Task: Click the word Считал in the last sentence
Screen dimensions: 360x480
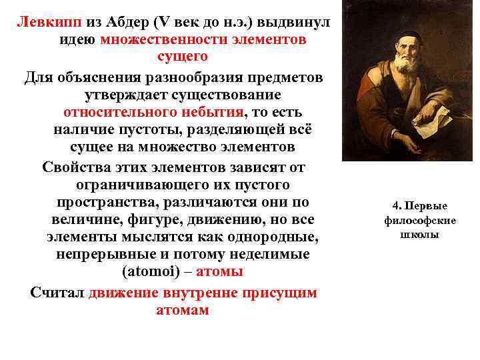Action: pos(58,293)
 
